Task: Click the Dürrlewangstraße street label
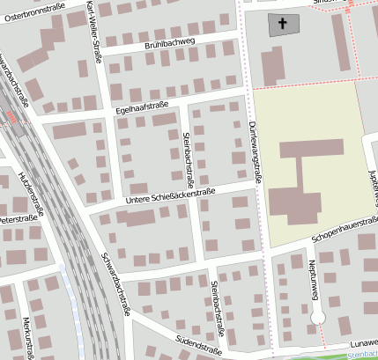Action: point(255,151)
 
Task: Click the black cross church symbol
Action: point(284,24)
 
